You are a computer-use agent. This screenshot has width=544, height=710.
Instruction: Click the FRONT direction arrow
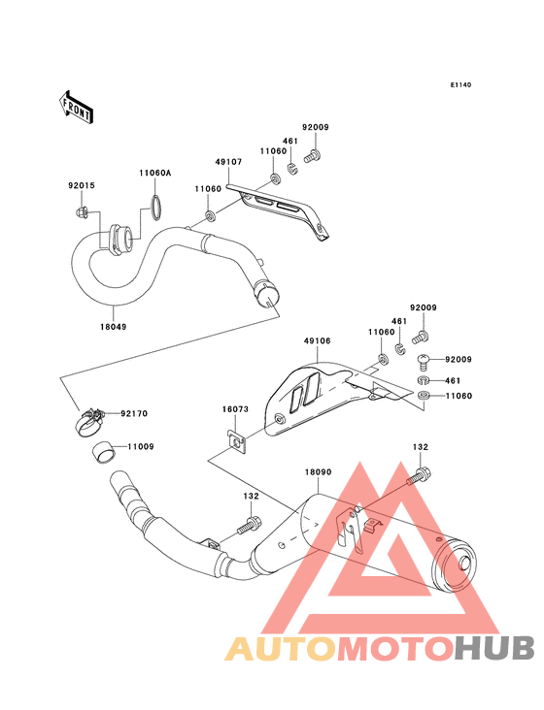pyautogui.click(x=76, y=107)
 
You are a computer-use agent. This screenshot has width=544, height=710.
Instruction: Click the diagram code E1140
pyautogui.click(x=460, y=84)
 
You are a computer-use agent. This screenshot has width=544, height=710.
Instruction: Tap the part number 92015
pyautogui.click(x=82, y=185)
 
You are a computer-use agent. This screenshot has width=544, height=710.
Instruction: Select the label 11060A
pyautogui.click(x=155, y=173)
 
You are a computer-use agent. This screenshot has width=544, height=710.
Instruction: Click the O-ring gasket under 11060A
pyautogui.click(x=155, y=208)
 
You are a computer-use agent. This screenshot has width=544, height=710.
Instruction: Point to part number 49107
pyautogui.click(x=228, y=162)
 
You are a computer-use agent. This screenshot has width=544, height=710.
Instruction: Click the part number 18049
pyautogui.click(x=114, y=327)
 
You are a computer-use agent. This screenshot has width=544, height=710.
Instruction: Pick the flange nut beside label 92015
pyautogui.click(x=82, y=211)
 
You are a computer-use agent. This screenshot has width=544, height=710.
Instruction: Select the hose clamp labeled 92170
pyautogui.click(x=89, y=422)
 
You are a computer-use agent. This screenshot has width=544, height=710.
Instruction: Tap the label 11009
pyautogui.click(x=141, y=446)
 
